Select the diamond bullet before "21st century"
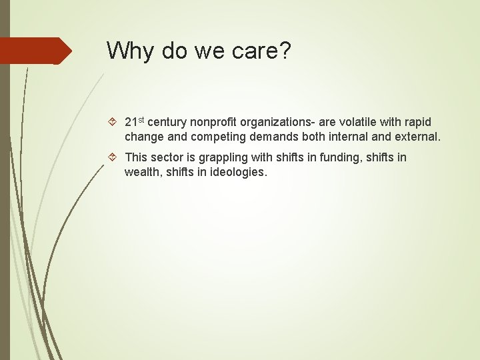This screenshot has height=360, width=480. tap(113, 123)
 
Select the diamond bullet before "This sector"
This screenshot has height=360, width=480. tap(113, 158)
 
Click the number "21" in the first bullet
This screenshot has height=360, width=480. tap(131, 123)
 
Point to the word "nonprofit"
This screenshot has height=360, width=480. tap(213, 123)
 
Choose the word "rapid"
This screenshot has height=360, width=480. tap(418, 123)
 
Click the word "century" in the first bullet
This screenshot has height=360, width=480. tap(167, 123)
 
